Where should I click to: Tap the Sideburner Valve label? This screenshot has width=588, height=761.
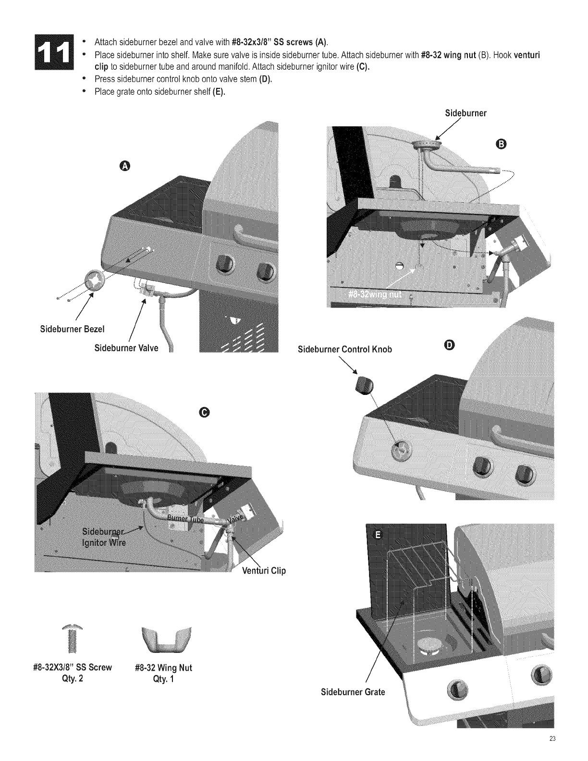pos(126,348)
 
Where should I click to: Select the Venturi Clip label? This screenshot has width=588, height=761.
pos(264,571)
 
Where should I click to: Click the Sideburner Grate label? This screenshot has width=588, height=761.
pos(353,692)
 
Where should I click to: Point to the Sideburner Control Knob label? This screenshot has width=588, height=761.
pos(345,349)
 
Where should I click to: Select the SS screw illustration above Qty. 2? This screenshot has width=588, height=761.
pos(73,637)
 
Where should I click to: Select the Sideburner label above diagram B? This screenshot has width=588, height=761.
pos(465,113)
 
